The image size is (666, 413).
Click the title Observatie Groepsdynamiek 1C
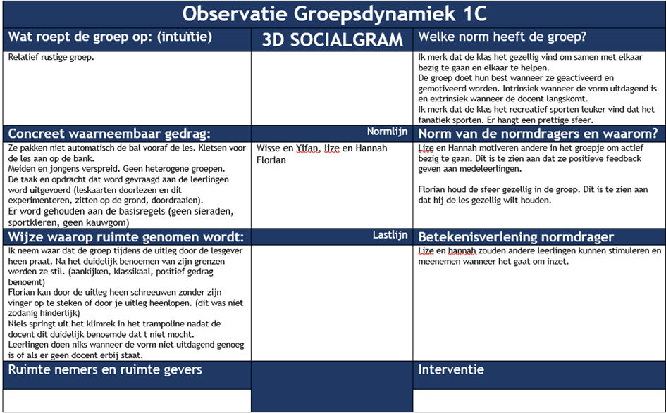333,14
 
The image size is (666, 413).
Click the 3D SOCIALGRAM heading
332,39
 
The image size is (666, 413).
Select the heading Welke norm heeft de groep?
502,37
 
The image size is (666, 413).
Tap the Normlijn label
387,132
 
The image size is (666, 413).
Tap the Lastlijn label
390,235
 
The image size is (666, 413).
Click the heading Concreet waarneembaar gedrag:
109,134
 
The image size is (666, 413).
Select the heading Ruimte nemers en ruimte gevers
104,369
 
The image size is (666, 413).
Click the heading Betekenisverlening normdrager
516,237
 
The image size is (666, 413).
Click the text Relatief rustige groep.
51,58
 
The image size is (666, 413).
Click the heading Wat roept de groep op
109,37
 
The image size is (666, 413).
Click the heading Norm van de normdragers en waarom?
538,133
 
